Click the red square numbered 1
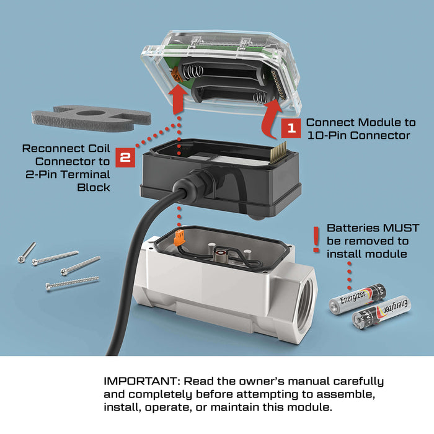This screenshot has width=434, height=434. tap(291, 128)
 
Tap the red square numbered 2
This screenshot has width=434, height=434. tap(125, 157)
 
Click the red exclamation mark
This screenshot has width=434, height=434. tap(316, 239)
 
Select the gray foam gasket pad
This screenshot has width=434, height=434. tap(91, 118)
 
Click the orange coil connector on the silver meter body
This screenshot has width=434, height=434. tap(179, 237)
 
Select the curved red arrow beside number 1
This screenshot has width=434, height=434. tap(272, 119)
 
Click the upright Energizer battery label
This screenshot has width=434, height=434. tap(352, 297)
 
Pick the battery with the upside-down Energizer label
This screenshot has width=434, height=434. tap(381, 312)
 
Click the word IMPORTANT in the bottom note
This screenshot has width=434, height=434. tap(139, 381)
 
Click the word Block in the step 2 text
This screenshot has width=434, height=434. tap(94, 187)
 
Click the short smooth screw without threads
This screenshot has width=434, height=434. tap(27, 252)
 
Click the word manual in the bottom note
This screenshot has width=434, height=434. tap(304, 381)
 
